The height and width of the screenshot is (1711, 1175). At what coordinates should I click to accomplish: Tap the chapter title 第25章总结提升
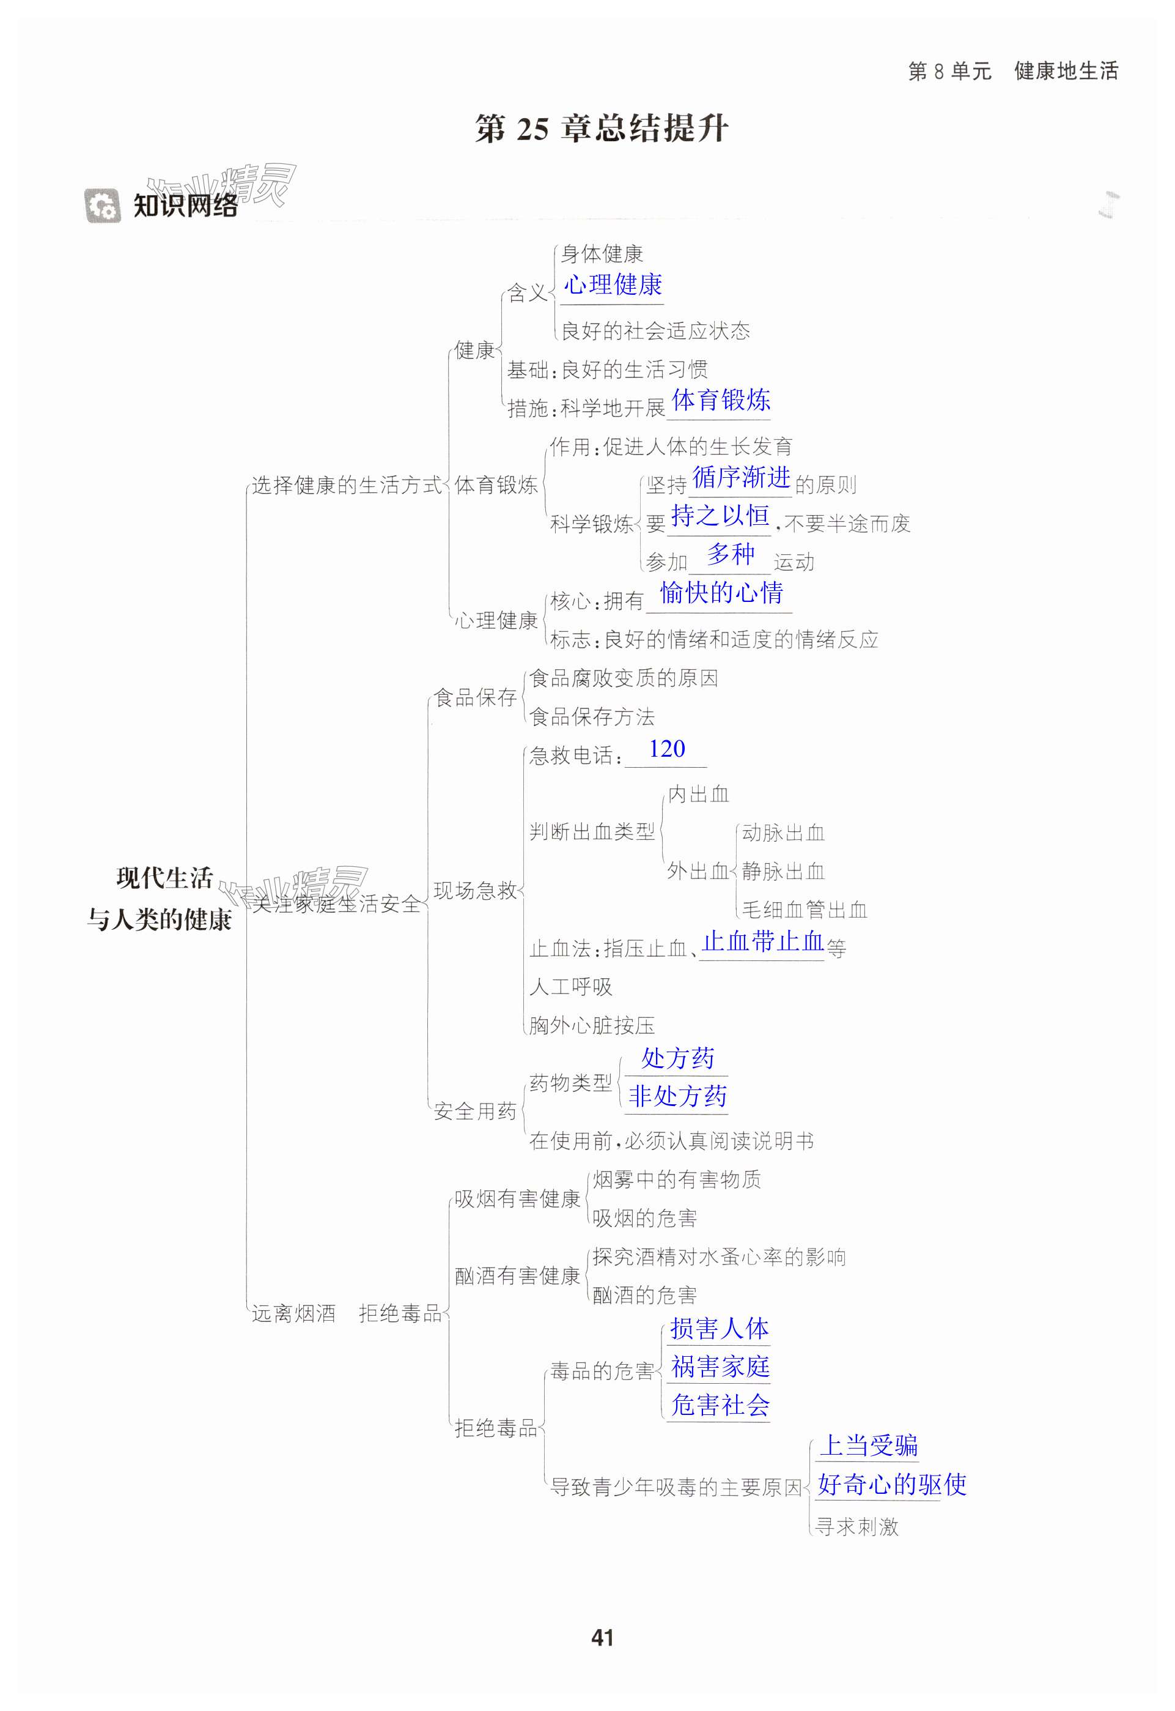[x=602, y=128]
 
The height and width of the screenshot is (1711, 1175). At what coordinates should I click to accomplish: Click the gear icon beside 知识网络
[x=101, y=206]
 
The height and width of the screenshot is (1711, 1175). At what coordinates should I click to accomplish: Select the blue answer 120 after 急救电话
[x=666, y=749]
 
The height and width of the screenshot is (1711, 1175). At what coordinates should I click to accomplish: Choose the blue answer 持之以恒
[x=720, y=516]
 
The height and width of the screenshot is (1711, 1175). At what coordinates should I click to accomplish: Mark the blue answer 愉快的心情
[x=721, y=593]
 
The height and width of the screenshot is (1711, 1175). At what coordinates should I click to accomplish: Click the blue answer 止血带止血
[x=763, y=941]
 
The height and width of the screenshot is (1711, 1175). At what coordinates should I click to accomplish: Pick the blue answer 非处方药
[x=677, y=1096]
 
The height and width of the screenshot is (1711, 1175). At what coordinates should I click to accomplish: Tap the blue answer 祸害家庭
[x=720, y=1367]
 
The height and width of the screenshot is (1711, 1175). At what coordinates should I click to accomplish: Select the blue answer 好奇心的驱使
[x=891, y=1484]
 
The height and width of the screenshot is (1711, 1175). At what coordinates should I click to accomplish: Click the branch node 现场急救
[x=475, y=891]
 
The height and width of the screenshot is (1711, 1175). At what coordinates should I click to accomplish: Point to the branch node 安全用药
[x=475, y=1111]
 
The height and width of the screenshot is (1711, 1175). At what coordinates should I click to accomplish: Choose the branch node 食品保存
[x=475, y=697]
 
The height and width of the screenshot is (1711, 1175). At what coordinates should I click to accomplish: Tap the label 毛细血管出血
[x=804, y=910]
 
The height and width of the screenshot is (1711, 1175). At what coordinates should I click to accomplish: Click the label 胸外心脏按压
[x=592, y=1025]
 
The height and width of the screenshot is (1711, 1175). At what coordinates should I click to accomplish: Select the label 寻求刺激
[x=857, y=1526]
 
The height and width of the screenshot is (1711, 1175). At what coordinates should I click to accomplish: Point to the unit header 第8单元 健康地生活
[x=1013, y=72]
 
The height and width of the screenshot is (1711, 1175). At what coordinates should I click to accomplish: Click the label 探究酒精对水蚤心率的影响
[x=718, y=1256]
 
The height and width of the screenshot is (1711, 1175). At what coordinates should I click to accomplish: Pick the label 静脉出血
[x=783, y=871]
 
